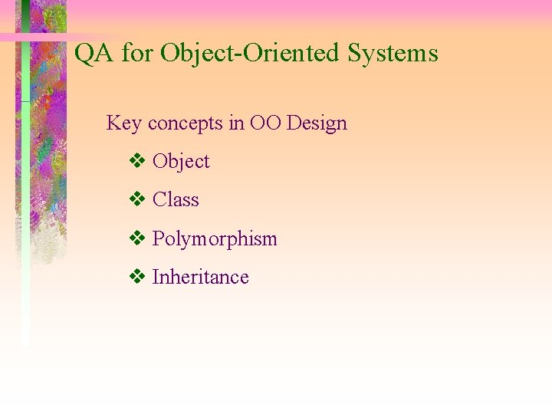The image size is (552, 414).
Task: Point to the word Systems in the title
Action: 393,54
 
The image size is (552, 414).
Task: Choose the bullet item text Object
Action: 181,162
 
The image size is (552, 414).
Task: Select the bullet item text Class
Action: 176,200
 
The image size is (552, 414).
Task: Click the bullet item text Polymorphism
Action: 215,239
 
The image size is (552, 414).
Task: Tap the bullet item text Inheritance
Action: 201,278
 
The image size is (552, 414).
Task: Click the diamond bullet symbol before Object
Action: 137,162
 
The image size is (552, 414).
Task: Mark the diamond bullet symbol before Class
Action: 137,200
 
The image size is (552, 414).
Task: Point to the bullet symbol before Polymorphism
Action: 137,239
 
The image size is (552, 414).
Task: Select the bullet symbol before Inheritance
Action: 137,278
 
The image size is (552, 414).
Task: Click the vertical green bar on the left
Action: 25,230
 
